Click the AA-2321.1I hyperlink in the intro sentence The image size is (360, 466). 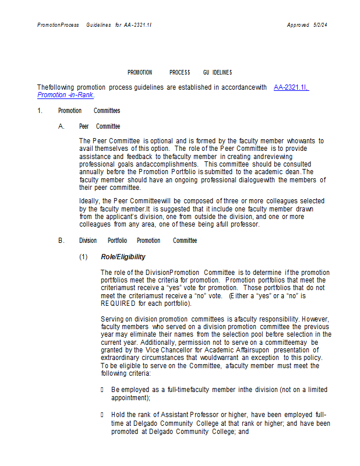tap(291, 87)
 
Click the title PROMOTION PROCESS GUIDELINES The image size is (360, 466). tap(179, 72)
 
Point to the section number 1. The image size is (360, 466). tap(40, 111)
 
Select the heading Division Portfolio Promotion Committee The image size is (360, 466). tap(138, 241)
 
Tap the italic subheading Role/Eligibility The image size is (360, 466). tap(123, 257)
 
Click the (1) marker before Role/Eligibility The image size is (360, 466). tap(83, 257)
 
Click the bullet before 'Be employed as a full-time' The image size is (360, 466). tap(103, 389)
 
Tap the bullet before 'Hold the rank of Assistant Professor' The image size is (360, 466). tap(103, 415)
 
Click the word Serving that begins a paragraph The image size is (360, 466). tap(112, 319)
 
